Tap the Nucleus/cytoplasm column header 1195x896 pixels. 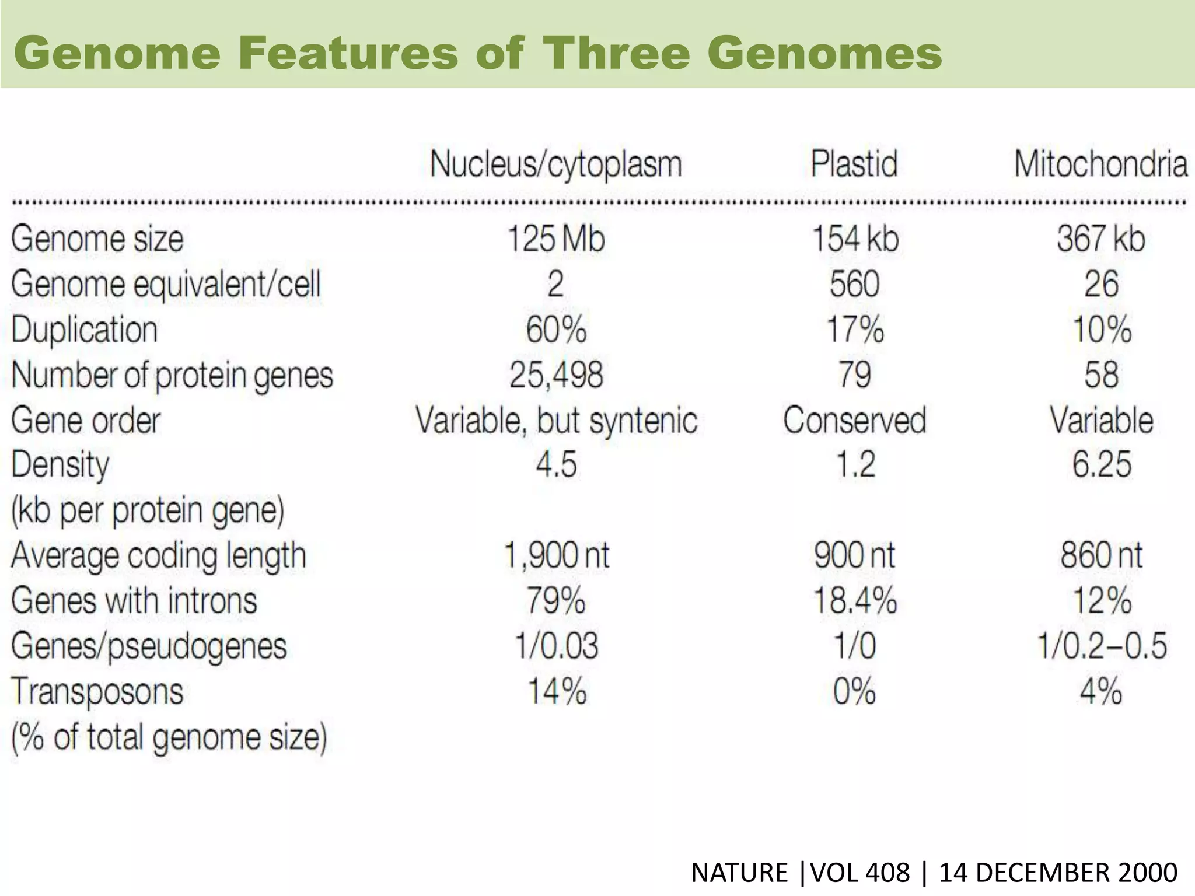click(x=556, y=164)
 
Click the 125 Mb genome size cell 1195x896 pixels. click(x=556, y=239)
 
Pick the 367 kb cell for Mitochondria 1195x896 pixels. click(x=1101, y=239)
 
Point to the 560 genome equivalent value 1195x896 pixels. click(x=854, y=284)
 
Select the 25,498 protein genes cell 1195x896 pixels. click(x=556, y=374)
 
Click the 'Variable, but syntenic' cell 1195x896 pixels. click(x=556, y=420)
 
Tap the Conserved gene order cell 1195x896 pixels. click(x=854, y=420)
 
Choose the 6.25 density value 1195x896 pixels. click(x=1101, y=465)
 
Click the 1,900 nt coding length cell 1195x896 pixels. click(x=556, y=555)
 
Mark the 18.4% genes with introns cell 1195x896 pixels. click(x=854, y=600)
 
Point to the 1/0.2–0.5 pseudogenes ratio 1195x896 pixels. click(x=1101, y=646)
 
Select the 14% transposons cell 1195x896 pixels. click(x=556, y=691)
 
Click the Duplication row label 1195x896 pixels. click(x=85, y=330)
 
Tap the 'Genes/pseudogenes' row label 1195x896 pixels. click(x=149, y=646)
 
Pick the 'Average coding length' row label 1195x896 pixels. click(x=158, y=555)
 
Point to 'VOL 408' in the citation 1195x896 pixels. click(x=860, y=873)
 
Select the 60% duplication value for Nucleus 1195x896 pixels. click(x=556, y=330)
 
